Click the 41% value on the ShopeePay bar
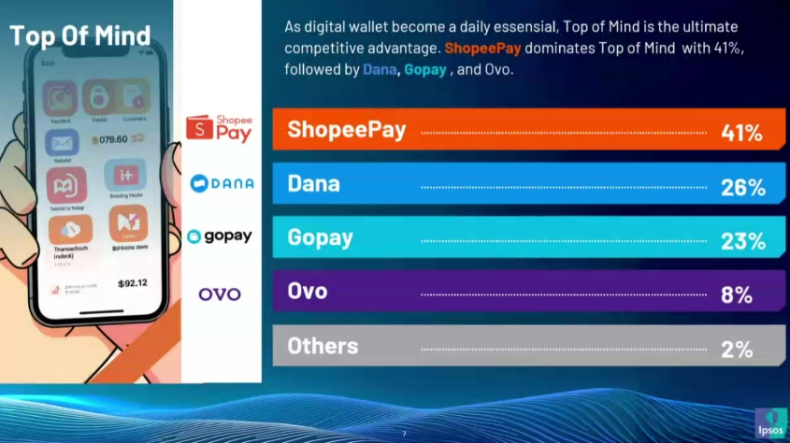coord(742,133)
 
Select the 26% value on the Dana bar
coord(742,187)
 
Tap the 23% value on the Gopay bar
coord(742,240)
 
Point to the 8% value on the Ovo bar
coord(737,294)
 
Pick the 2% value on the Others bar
coord(737,349)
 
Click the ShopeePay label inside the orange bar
coord(347,130)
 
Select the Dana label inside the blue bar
coord(313,184)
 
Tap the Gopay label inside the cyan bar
coord(320,237)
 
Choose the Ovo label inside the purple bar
coord(308,291)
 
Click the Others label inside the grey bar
coord(323,346)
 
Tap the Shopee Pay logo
coord(220,127)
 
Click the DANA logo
coord(222,183)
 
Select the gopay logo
coord(220,236)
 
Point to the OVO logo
coord(220,293)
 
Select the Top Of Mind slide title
coord(79,36)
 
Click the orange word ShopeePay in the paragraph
coord(482,47)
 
